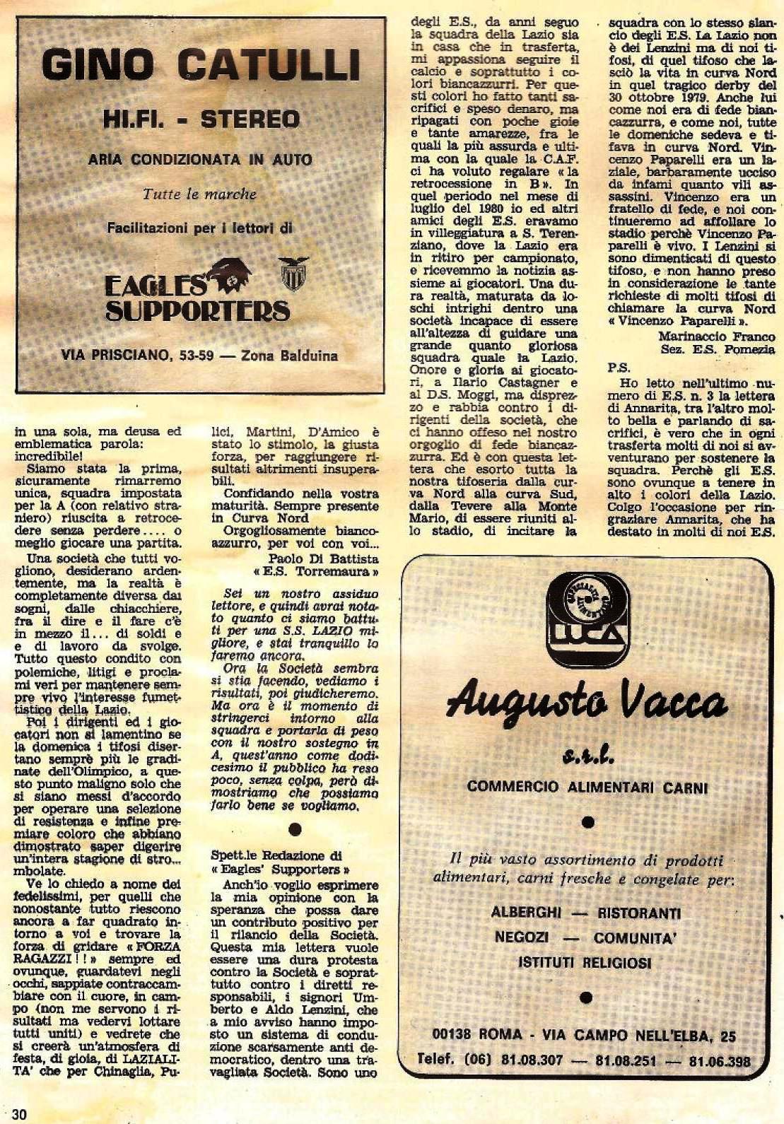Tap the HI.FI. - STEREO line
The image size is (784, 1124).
[x=201, y=119]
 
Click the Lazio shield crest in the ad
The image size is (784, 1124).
[x=292, y=274]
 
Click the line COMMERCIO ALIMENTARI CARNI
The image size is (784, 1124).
[x=587, y=787]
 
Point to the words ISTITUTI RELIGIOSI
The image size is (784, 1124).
[x=585, y=962]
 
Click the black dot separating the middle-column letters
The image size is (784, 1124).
[x=296, y=828]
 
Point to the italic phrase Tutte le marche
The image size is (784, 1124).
[x=200, y=194]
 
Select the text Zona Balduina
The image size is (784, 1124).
[x=289, y=355]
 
